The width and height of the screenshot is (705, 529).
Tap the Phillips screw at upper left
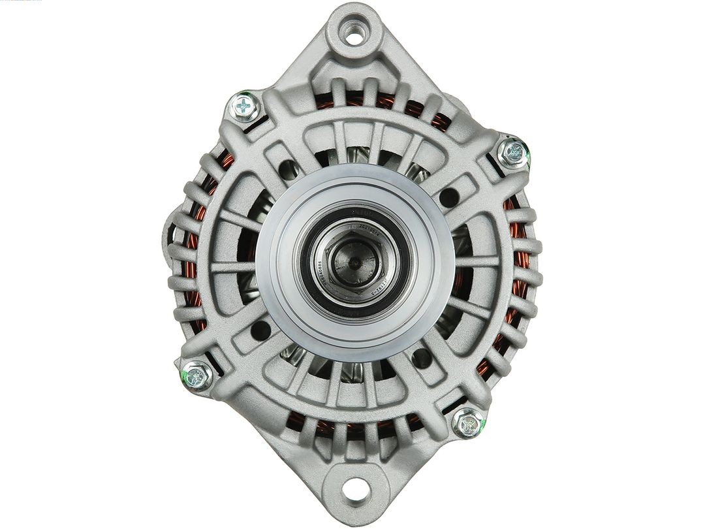[244, 105]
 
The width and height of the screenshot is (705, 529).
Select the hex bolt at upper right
[513, 152]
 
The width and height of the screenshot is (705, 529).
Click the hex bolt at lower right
[469, 424]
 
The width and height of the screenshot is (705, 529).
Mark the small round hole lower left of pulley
[259, 330]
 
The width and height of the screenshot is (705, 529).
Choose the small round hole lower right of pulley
[422, 357]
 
